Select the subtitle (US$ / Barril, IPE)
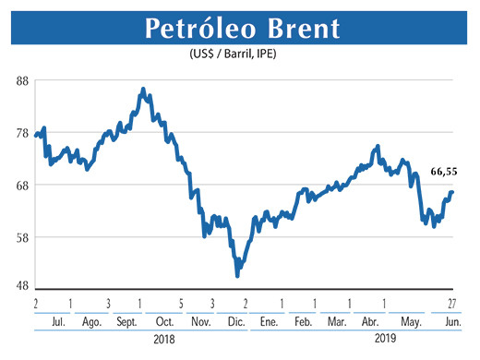pyautogui.click(x=239, y=55)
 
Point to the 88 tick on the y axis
pyautogui.click(x=21, y=80)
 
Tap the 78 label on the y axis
pyautogui.click(x=21, y=133)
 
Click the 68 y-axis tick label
pyautogui.click(x=21, y=185)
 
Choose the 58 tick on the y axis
pyautogui.click(x=21, y=237)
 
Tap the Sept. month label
pyautogui.click(x=126, y=321)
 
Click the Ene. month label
pyautogui.click(x=269, y=321)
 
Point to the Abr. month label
pyautogui.click(x=370, y=321)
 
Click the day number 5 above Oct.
pyautogui.click(x=181, y=304)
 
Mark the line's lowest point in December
pyautogui.click(x=237, y=274)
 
